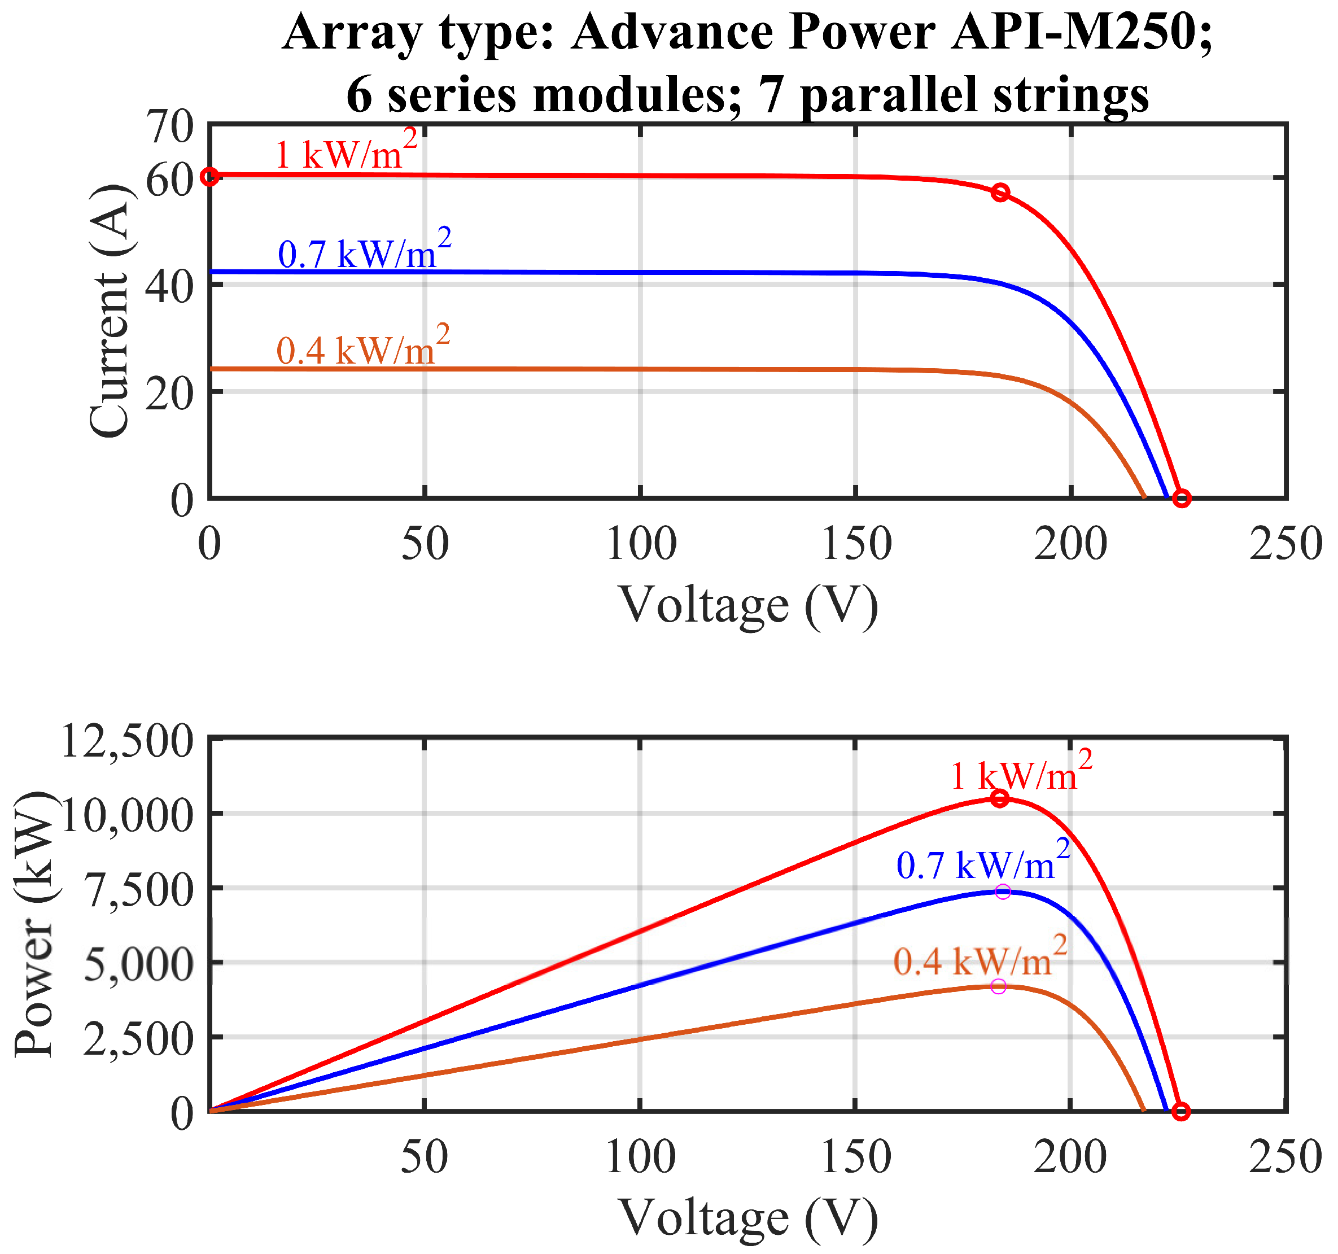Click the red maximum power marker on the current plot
click(1001, 193)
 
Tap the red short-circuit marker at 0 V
click(210, 176)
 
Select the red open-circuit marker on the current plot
click(1182, 498)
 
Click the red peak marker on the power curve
click(1000, 798)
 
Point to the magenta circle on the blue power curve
click(1003, 892)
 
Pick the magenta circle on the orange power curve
click(999, 986)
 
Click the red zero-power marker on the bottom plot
click(1181, 1111)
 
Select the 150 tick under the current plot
click(856, 543)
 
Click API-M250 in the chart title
click(1081, 32)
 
